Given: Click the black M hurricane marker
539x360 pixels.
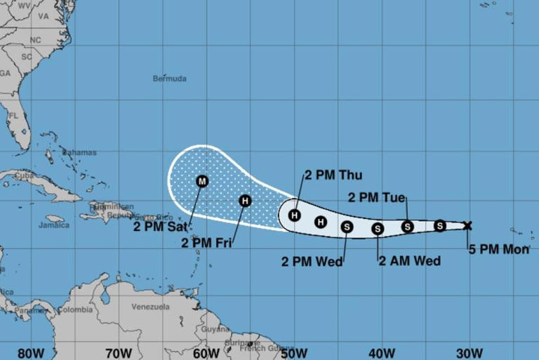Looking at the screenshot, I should pyautogui.click(x=202, y=181).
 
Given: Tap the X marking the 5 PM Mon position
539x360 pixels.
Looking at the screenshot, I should pyautogui.click(x=468, y=225).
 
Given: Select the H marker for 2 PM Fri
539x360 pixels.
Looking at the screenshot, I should pyautogui.click(x=244, y=201).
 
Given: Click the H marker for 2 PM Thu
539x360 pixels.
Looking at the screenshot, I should pyautogui.click(x=295, y=215).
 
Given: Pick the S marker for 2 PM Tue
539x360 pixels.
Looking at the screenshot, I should pyautogui.click(x=408, y=226).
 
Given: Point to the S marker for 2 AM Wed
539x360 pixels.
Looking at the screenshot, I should pyautogui.click(x=378, y=228).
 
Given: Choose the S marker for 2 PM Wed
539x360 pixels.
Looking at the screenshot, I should pyautogui.click(x=347, y=226).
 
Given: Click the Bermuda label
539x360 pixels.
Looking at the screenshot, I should pyautogui.click(x=170, y=79).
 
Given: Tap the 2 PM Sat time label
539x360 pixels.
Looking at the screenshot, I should pyautogui.click(x=161, y=227).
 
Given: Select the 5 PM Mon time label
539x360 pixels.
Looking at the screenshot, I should pyautogui.click(x=499, y=248).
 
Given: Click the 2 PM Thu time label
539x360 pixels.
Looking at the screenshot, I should pyautogui.click(x=333, y=175).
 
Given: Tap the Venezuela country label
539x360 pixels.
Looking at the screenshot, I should pyautogui.click(x=151, y=307).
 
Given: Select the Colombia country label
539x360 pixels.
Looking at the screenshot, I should pyautogui.click(x=75, y=309).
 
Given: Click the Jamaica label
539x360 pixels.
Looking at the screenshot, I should pyautogui.click(x=54, y=225).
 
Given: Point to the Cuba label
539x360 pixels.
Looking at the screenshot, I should pyautogui.click(x=25, y=175).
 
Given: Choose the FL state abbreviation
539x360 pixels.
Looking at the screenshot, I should pyautogui.click(x=13, y=116).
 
